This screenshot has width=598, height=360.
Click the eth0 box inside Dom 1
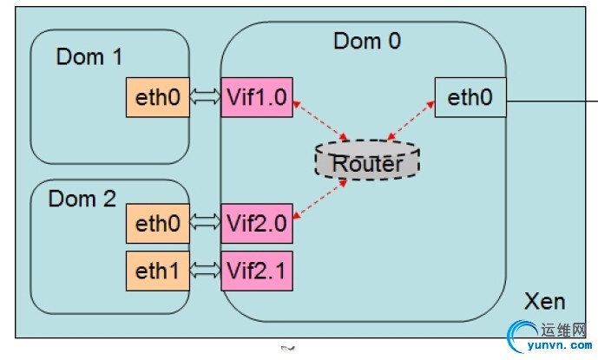tap(158, 98)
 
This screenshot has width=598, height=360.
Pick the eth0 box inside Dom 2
tap(158, 225)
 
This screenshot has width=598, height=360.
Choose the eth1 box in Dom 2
tap(158, 271)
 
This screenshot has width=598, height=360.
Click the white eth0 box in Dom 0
tap(470, 98)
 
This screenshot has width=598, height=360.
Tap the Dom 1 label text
tap(89, 57)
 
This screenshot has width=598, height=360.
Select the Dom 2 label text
tap(82, 199)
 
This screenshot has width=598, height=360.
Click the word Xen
tap(544, 301)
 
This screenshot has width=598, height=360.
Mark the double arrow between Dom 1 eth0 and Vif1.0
tap(205, 98)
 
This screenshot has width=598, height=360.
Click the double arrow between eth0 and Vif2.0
tap(205, 225)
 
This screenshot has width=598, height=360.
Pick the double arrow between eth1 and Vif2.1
tap(205, 271)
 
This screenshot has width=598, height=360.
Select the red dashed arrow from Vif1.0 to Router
tap(321, 120)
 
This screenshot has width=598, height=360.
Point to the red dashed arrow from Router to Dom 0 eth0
tap(411, 120)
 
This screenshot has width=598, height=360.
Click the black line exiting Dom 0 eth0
tap(550, 101)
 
